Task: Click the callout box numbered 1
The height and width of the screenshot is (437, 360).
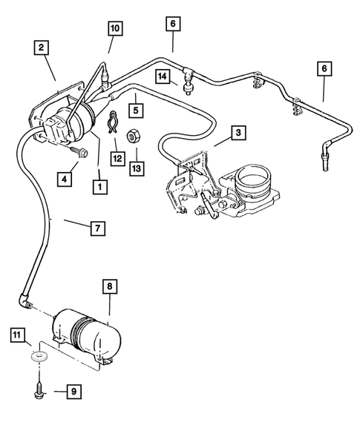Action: click(98, 187)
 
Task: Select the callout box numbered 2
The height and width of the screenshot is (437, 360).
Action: click(44, 50)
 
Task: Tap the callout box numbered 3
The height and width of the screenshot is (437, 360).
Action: click(238, 134)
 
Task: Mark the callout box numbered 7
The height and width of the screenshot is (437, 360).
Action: click(98, 229)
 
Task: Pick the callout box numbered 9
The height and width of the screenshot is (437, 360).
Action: click(73, 390)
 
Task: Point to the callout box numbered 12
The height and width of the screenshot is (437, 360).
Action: click(117, 157)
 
